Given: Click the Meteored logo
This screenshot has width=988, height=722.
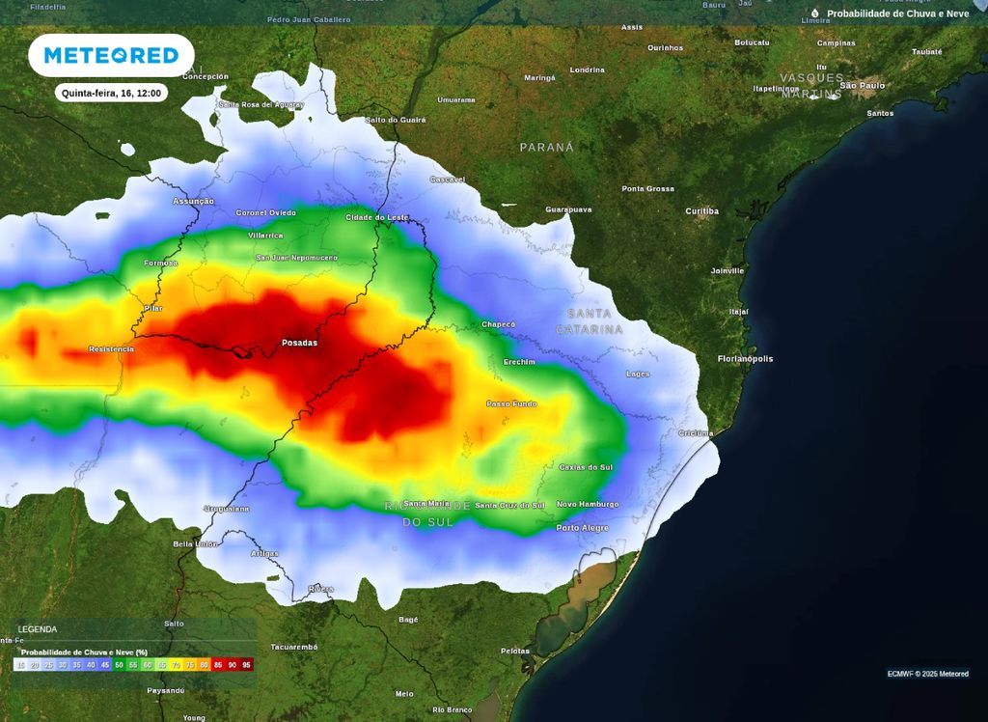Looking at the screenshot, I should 111,56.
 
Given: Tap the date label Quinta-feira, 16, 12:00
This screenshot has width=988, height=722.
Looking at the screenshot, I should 110,94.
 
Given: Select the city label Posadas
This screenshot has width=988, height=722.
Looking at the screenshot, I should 299,343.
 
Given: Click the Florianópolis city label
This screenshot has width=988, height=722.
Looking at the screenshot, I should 745,359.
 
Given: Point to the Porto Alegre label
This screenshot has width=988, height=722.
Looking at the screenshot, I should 583,528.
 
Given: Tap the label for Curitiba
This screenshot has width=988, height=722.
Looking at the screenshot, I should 701,210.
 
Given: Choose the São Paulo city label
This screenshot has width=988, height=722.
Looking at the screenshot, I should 863,86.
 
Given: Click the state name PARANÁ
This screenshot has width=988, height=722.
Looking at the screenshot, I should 547,148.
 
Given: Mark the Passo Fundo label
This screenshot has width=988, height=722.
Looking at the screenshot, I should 511,403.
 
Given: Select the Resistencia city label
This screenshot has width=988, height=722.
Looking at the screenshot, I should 111,348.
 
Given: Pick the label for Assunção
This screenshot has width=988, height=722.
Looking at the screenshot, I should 193,201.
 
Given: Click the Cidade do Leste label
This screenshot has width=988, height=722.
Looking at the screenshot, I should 376,217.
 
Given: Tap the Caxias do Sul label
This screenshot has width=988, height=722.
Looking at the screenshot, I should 586,467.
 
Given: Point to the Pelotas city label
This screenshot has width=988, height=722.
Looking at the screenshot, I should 515,651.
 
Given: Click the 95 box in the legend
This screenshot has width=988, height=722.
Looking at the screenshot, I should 247,665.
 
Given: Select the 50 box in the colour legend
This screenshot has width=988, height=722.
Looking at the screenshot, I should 120,665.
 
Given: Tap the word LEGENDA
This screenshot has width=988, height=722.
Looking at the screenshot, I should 38,629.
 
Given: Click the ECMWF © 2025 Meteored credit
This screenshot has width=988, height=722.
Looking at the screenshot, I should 927,674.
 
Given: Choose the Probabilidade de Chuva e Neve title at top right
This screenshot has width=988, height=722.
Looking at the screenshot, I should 897,14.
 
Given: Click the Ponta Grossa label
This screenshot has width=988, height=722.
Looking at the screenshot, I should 648,188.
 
